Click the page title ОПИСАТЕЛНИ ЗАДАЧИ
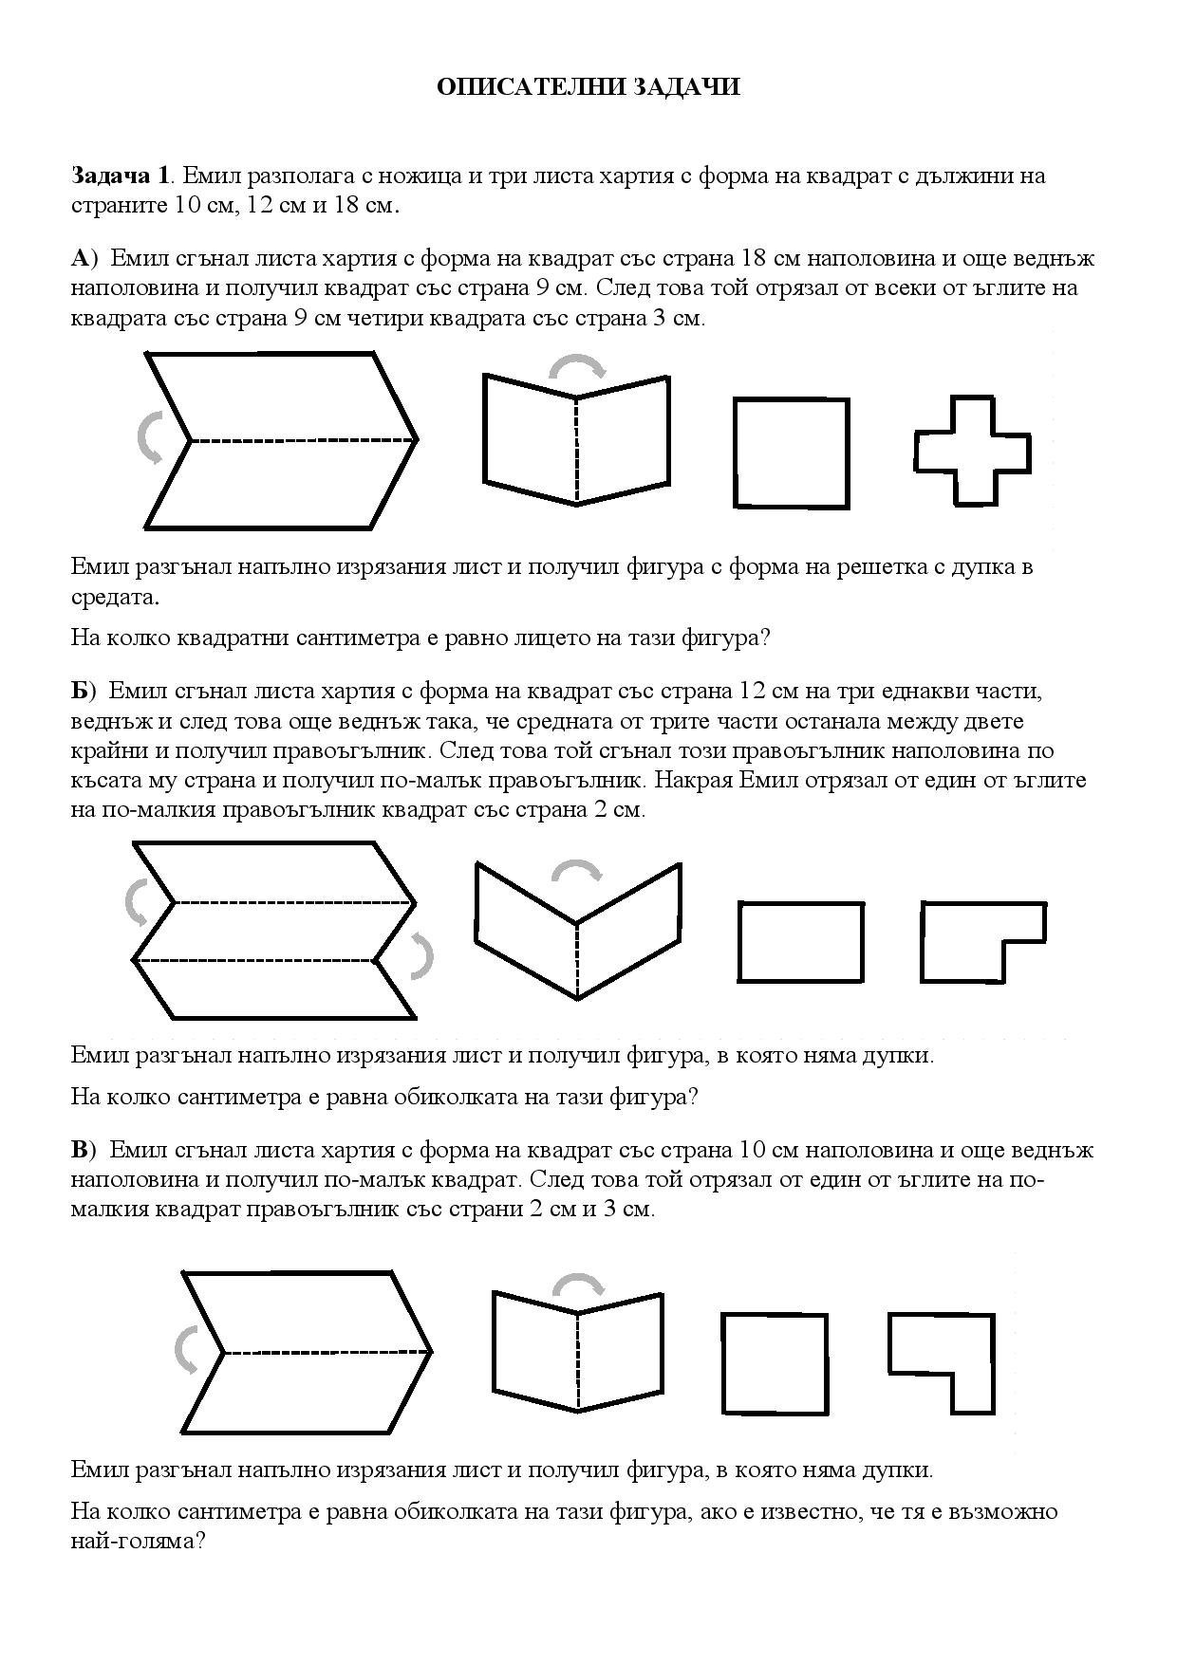(x=588, y=87)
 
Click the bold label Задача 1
(x=121, y=176)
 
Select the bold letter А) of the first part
(x=84, y=258)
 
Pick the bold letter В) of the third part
(x=84, y=1150)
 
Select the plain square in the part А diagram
(x=791, y=452)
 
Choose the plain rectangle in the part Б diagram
(x=800, y=941)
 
